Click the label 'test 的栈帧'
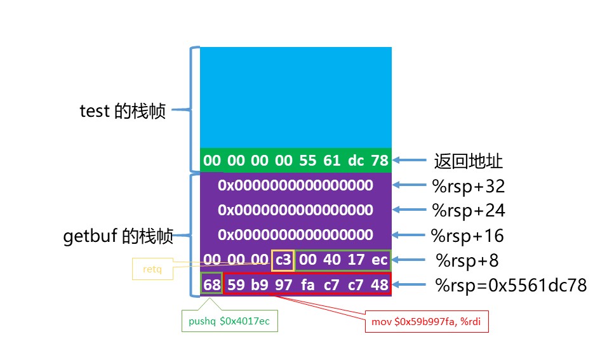point(123,111)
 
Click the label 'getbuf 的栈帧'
point(118,237)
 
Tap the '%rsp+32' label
point(468,186)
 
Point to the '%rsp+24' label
point(468,210)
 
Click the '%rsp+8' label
point(467,260)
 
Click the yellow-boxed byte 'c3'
point(283,260)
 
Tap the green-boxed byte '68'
point(211,284)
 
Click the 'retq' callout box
point(152,269)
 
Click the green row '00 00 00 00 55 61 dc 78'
point(296,161)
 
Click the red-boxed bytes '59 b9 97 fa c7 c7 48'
point(307,284)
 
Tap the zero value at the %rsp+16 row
point(296,235)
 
